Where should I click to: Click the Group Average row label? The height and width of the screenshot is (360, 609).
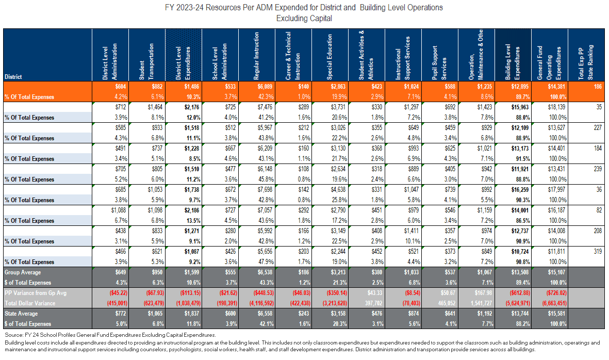pos(23,272)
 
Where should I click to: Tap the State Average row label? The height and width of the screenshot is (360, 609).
pos(22,314)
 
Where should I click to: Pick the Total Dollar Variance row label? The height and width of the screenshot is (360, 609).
pos(30,303)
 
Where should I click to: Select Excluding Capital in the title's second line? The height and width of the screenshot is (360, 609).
pos(304,19)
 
